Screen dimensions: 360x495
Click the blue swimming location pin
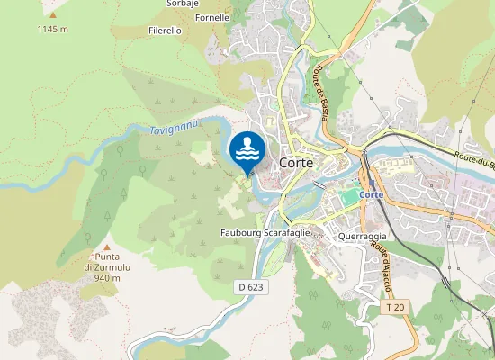247,150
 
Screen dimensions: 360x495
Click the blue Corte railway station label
371,195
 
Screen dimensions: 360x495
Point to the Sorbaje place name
183,4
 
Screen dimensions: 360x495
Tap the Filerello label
165,30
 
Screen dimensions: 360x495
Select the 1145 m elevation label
52,30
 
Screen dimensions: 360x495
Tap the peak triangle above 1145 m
52,15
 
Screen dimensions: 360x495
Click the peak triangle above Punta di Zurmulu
107,247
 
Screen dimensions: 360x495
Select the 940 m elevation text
107,278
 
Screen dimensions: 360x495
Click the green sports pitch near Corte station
348,196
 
